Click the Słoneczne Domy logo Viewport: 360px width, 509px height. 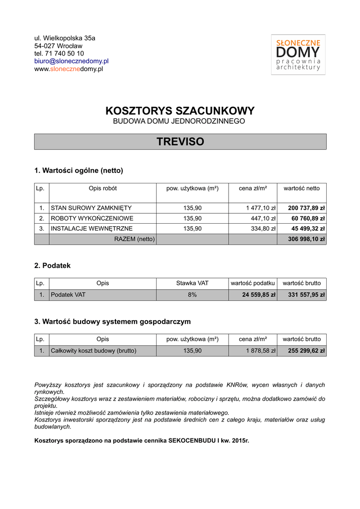click(x=298, y=55)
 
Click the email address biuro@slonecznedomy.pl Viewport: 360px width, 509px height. click(x=71, y=61)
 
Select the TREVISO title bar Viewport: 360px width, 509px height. click(x=180, y=142)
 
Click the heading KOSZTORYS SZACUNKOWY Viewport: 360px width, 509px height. click(x=180, y=111)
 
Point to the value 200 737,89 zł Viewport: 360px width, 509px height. click(x=306, y=208)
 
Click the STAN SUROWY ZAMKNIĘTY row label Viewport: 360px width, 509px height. click(x=91, y=208)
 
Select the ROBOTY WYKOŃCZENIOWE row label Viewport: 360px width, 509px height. click(x=92, y=218)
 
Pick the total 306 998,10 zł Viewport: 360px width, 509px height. click(x=306, y=239)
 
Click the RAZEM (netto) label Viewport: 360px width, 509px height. click(x=134, y=239)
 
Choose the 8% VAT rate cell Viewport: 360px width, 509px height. click(x=192, y=295)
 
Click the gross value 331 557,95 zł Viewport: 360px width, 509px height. click(x=306, y=295)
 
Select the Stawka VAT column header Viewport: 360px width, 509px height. click(x=192, y=283)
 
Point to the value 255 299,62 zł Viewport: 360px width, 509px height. click(x=306, y=350)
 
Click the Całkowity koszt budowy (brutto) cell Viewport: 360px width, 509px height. click(x=93, y=350)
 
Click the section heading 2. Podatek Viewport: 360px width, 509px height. click(x=52, y=265)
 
